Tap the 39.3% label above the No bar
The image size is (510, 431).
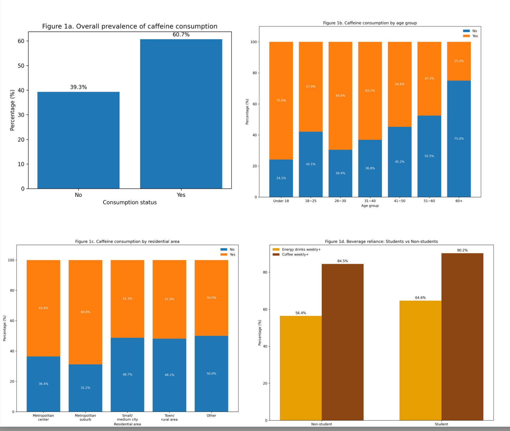[x=78, y=87]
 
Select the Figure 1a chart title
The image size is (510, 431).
[x=130, y=26]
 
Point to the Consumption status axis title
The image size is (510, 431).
[x=130, y=202]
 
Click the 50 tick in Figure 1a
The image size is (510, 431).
[x=21, y=66]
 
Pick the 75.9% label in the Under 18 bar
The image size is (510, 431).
[x=281, y=100]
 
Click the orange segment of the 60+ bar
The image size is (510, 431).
[x=459, y=61]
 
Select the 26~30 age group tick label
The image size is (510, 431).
[x=340, y=201]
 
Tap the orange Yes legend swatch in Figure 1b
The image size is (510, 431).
[x=466, y=36]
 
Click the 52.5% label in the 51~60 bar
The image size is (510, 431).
[x=429, y=156]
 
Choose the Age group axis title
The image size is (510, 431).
[x=370, y=206]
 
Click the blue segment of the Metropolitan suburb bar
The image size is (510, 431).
[x=85, y=388]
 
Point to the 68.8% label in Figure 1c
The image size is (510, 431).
[x=85, y=312]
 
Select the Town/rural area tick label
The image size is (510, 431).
[x=169, y=417]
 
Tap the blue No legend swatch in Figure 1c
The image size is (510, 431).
[x=224, y=249]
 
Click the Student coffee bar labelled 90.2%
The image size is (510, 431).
[x=462, y=337]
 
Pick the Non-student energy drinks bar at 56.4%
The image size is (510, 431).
[x=301, y=368]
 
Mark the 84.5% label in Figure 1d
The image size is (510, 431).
[x=343, y=261]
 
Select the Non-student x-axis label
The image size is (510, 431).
[x=321, y=424]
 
